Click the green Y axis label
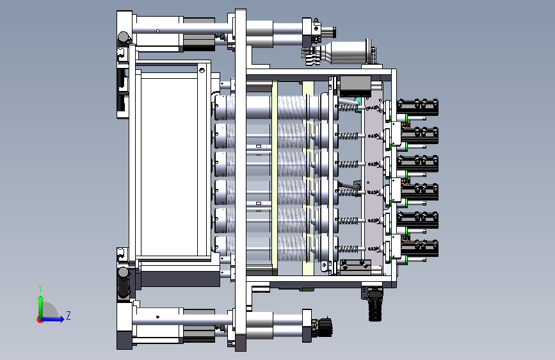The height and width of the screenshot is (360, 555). click(40, 288)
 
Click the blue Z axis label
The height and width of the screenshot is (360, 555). click(68, 315)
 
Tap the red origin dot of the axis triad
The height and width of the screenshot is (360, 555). click(40, 320)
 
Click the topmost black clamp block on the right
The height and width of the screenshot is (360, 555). click(417, 108)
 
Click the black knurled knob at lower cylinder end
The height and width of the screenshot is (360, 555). click(325, 326)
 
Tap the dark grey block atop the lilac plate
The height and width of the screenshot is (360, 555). click(355, 86)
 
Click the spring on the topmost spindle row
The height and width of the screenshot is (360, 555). click(349, 107)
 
